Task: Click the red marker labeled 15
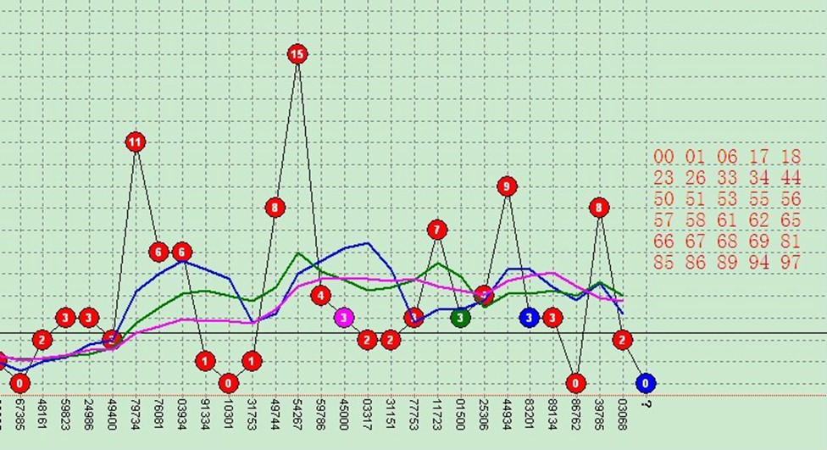(x=297, y=54)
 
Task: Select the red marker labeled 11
(x=136, y=142)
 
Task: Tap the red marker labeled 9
(x=507, y=186)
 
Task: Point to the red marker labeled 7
(x=437, y=229)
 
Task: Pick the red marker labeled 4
(x=320, y=295)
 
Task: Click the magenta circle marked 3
(x=343, y=318)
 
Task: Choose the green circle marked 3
(x=460, y=318)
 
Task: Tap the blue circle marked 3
(x=530, y=318)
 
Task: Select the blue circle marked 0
(x=646, y=383)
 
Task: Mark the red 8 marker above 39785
(x=599, y=207)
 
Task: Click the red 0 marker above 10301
(x=228, y=383)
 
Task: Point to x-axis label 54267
(x=297, y=415)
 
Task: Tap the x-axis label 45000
(x=344, y=415)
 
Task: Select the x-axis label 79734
(x=136, y=415)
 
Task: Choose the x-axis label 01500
(x=460, y=415)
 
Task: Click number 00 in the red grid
(x=663, y=156)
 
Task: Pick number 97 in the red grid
(x=791, y=263)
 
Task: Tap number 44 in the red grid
(x=791, y=177)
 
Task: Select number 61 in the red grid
(x=727, y=220)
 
